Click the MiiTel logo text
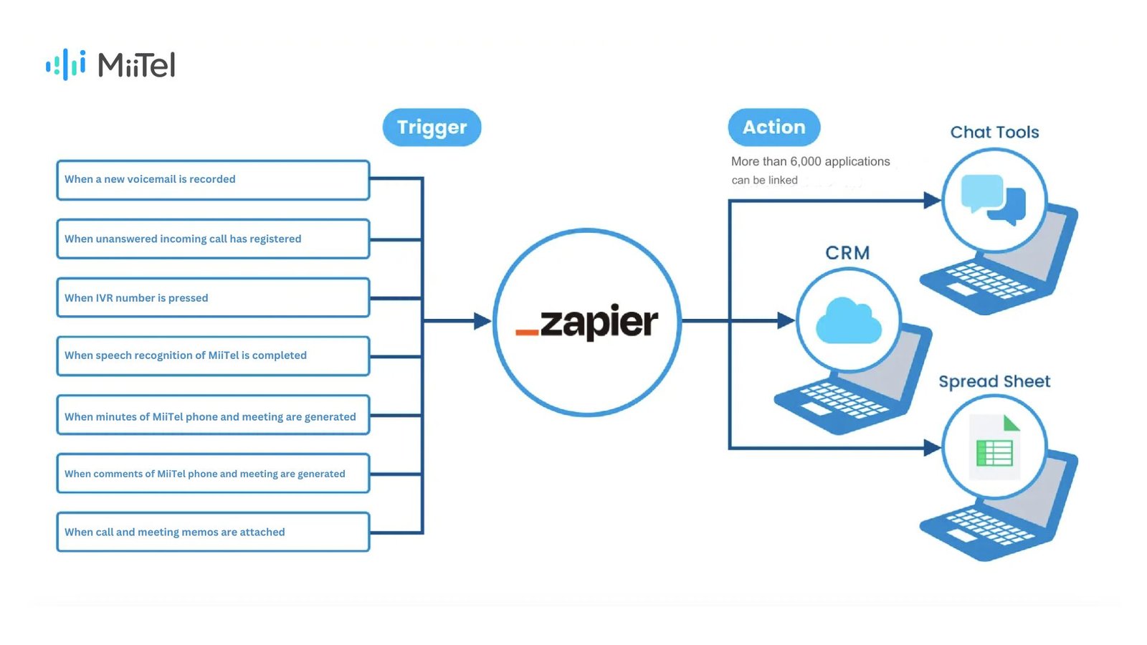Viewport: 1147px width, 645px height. click(136, 65)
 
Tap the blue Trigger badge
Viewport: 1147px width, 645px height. click(432, 128)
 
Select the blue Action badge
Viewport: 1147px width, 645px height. click(774, 128)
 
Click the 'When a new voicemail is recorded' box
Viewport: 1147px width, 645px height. click(213, 180)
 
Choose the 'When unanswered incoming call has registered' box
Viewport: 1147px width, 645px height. click(213, 239)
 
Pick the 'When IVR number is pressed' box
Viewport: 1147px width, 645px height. click(213, 297)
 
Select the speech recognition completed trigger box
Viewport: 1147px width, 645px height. click(213, 356)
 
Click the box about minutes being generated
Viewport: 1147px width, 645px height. click(213, 415)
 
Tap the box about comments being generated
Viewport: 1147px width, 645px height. click(213, 474)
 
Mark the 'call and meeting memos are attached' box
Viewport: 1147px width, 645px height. click(213, 532)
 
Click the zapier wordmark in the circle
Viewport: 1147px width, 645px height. click(599, 322)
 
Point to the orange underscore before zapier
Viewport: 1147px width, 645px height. click(527, 333)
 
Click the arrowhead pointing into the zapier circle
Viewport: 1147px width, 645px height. click(482, 321)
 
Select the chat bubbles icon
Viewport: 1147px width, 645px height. click(993, 199)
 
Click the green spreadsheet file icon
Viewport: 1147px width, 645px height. click(994, 447)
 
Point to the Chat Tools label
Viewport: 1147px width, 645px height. click(994, 133)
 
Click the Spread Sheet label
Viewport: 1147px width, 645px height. click(994, 381)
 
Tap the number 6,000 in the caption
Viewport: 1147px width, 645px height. click(806, 162)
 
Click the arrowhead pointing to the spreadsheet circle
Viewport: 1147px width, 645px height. click(932, 448)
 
